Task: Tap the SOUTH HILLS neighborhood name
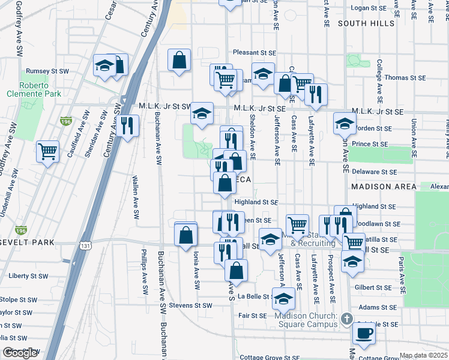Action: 366,23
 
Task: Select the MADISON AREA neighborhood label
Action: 383,187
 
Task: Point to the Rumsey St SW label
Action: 47,71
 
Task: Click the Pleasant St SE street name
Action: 255,52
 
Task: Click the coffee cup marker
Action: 364,332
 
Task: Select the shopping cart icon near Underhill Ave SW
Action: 47,151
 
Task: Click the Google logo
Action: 20,353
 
